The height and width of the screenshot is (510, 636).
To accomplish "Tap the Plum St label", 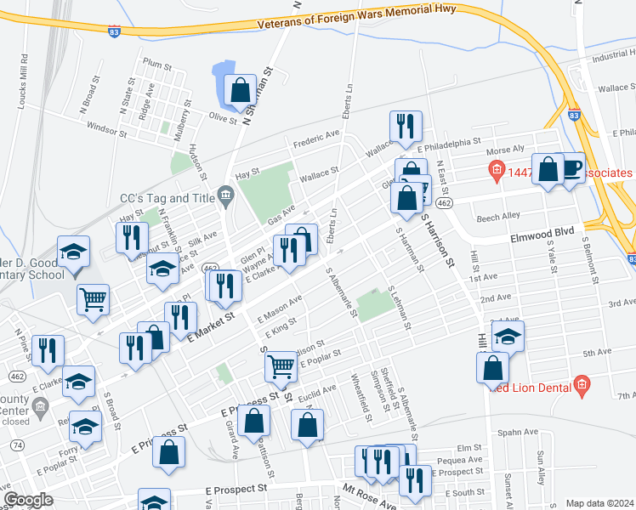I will (x=158, y=64).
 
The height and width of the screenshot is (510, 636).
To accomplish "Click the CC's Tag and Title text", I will (x=167, y=197).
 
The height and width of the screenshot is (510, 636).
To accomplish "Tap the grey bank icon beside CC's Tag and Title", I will (x=225, y=197).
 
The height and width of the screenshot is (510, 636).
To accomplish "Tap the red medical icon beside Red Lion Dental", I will (x=582, y=385).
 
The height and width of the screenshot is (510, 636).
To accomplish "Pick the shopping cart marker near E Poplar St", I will (x=280, y=366).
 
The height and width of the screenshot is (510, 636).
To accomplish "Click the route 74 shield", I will (x=18, y=445).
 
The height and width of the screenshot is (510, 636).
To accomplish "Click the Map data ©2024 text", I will (x=599, y=503).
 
